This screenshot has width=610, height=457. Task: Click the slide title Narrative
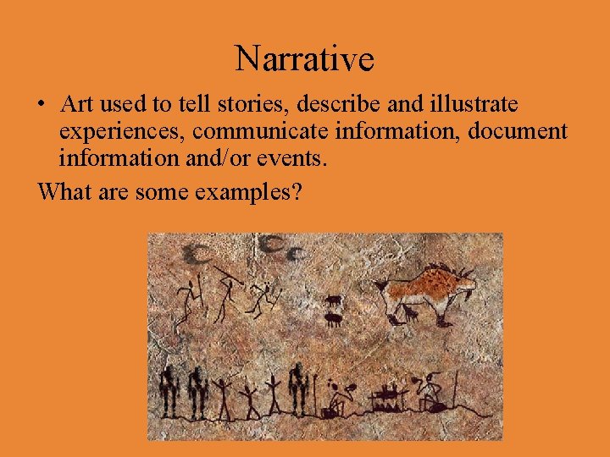pyautogui.click(x=304, y=59)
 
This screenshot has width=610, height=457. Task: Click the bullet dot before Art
pyautogui.click(x=42, y=106)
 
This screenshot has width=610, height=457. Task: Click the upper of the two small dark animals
pyautogui.click(x=334, y=300)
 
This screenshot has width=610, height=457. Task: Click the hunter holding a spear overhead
pyautogui.click(x=226, y=292)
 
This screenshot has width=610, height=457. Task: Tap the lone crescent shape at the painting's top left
pyautogui.click(x=198, y=251)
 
